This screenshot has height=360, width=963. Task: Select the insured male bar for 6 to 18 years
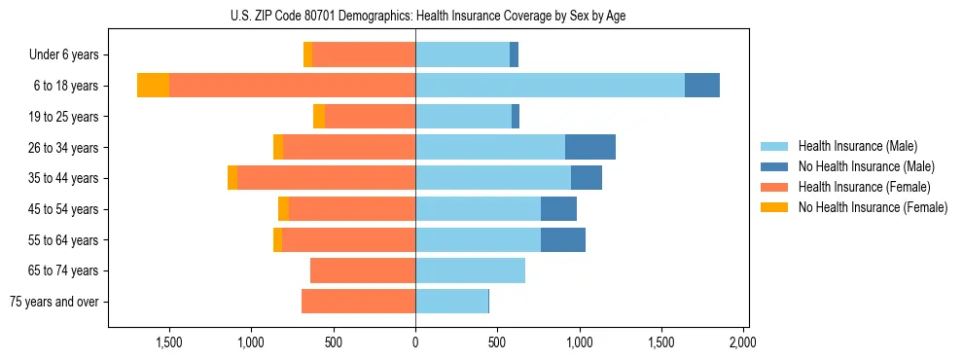click(550, 86)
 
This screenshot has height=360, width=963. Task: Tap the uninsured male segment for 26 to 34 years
click(590, 147)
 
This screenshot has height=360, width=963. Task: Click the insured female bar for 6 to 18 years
click(292, 86)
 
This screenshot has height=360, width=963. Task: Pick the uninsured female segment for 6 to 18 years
click(153, 86)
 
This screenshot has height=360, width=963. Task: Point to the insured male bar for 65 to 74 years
click(470, 270)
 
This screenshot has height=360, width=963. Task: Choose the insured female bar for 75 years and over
click(358, 302)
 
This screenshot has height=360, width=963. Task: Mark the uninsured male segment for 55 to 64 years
click(563, 239)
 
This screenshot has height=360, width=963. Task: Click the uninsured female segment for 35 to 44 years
click(232, 178)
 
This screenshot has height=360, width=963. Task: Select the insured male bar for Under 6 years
click(462, 54)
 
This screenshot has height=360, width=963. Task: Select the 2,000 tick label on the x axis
click(743, 342)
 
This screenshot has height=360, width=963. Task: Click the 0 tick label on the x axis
click(415, 342)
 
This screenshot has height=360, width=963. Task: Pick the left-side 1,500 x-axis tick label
click(169, 342)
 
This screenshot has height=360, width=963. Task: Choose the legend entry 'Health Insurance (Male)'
click(857, 146)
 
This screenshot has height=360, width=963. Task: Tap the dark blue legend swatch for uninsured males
click(774, 166)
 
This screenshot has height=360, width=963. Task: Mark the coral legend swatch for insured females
click(774, 187)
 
